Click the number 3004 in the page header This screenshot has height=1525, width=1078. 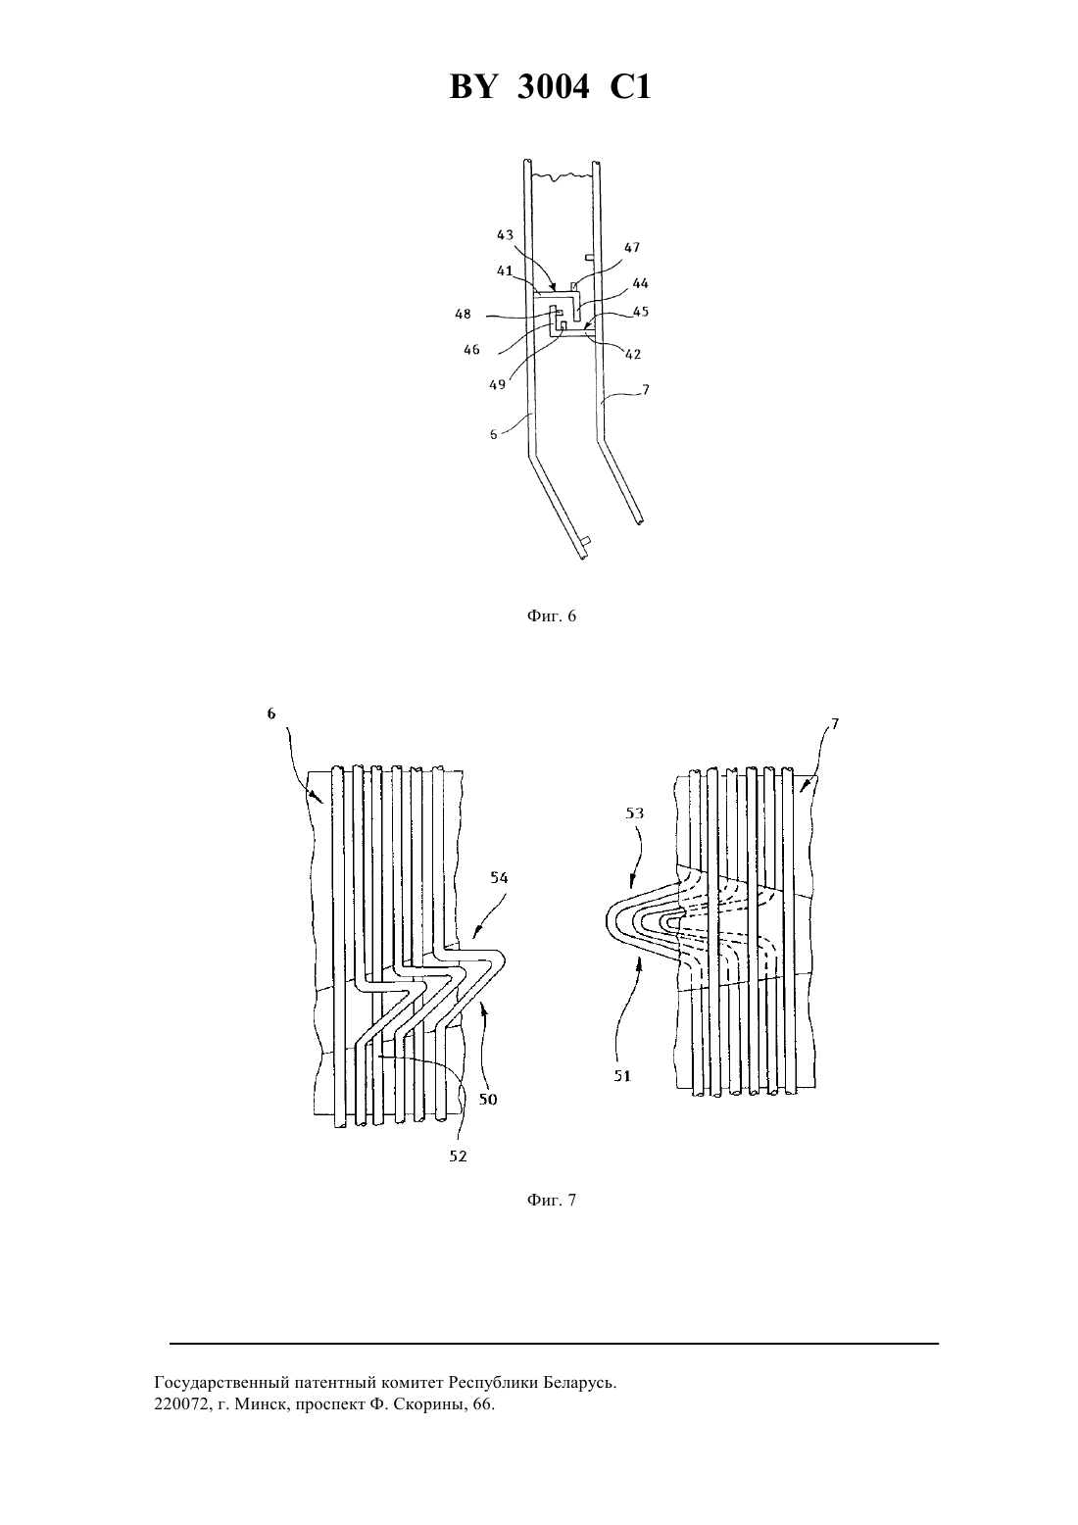(x=553, y=87)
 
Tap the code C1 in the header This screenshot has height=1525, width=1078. (x=630, y=87)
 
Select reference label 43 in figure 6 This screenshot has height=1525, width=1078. (x=505, y=235)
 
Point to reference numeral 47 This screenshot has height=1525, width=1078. (x=631, y=247)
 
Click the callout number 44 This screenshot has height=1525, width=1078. (x=640, y=283)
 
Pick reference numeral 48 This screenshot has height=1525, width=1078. (x=464, y=314)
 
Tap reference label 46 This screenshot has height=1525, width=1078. (x=471, y=349)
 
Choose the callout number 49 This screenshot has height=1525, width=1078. (x=498, y=384)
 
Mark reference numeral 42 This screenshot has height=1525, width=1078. (x=633, y=354)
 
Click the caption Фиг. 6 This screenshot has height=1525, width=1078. (x=551, y=616)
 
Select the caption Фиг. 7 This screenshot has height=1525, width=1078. (x=551, y=1201)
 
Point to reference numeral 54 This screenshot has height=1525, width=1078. (x=499, y=877)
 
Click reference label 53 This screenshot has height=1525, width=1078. (x=634, y=812)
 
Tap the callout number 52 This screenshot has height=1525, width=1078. (x=458, y=1156)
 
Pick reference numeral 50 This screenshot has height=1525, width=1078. (x=488, y=1100)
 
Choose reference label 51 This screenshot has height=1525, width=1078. (x=622, y=1076)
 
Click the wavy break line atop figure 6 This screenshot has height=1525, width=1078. (x=563, y=177)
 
